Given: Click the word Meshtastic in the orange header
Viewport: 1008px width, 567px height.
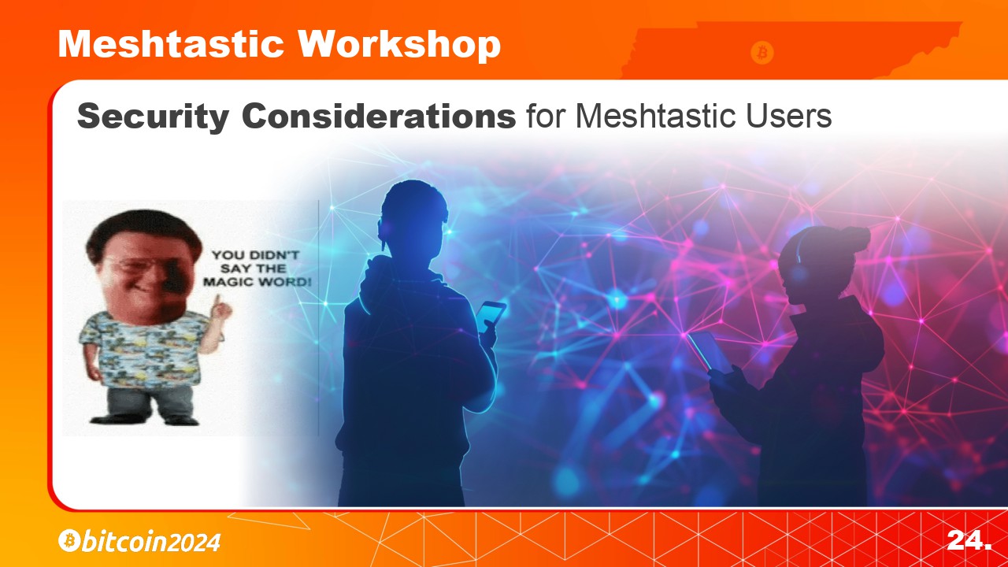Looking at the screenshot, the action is coord(171,44).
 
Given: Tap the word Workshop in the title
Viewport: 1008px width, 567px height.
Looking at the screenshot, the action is coord(399,46).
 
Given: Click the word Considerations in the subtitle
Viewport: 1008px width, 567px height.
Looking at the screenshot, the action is coord(379,116).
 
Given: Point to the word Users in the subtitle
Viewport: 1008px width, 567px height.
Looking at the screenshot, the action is coord(788,116).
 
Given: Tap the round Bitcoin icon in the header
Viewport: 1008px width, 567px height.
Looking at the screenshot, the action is coord(762,53).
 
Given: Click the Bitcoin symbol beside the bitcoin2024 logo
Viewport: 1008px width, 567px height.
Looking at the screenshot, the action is coord(69,540).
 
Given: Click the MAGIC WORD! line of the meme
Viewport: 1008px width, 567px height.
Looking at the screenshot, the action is coord(257,282).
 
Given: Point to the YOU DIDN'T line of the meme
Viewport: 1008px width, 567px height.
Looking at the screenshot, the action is coord(255,255).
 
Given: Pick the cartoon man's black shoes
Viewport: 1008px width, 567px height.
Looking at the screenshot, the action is coord(144,421).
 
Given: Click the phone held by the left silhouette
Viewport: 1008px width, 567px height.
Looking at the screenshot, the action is coord(491,317).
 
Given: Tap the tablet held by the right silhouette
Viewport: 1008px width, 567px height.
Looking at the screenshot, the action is coord(710,352).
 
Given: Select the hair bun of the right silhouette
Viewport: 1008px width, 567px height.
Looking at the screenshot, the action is coord(854,239).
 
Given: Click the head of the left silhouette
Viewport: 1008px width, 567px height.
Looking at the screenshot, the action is coord(413,219).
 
